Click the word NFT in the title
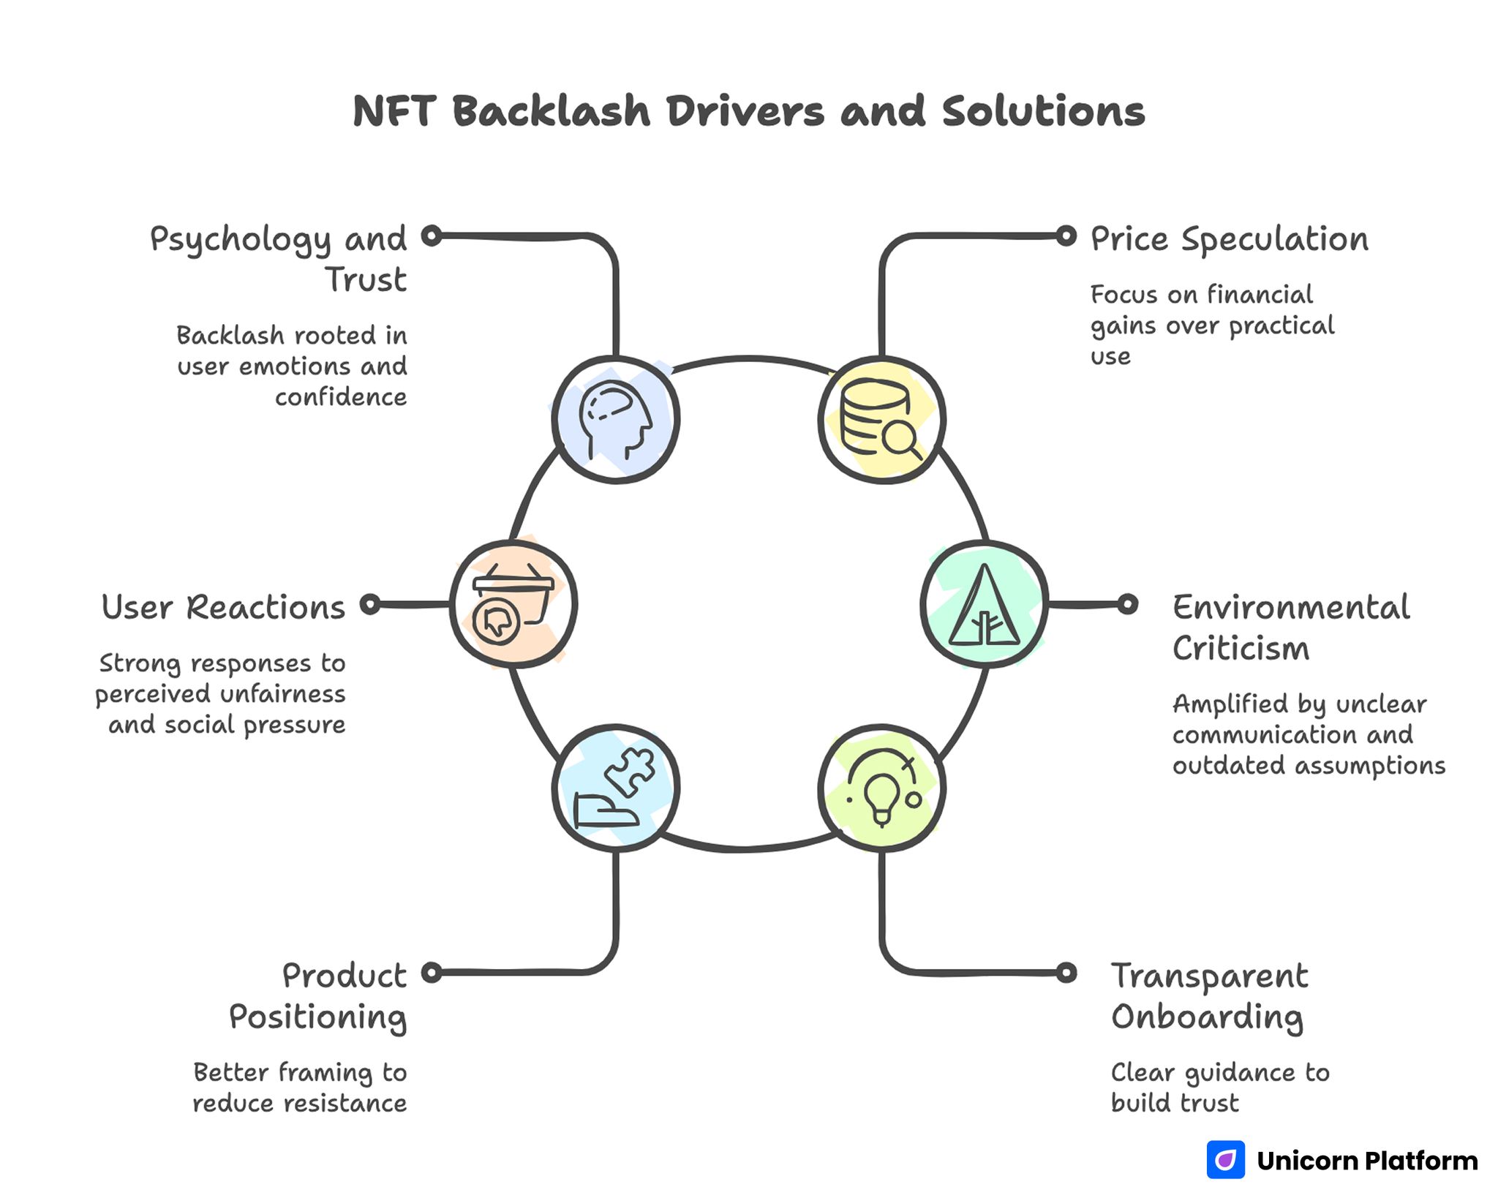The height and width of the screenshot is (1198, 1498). (x=394, y=112)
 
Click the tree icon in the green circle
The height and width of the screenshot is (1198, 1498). (x=984, y=604)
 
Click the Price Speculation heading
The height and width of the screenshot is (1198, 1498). (x=1229, y=239)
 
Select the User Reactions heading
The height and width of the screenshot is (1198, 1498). (x=223, y=607)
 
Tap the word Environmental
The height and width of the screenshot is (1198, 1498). (x=1291, y=607)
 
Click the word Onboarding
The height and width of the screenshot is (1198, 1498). (x=1207, y=1017)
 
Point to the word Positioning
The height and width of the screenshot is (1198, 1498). (x=317, y=1017)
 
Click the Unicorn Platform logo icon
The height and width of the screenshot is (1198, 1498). (x=1225, y=1160)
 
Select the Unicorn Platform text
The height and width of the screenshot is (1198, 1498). (x=1367, y=1161)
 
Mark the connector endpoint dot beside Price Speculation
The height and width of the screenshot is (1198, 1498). (x=1066, y=236)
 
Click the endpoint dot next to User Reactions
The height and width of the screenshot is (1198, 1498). (x=371, y=604)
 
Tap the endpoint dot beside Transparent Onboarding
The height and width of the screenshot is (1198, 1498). (x=1066, y=972)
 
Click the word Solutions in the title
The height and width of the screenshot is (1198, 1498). (x=1043, y=112)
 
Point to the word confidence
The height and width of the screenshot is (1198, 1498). (x=341, y=397)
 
